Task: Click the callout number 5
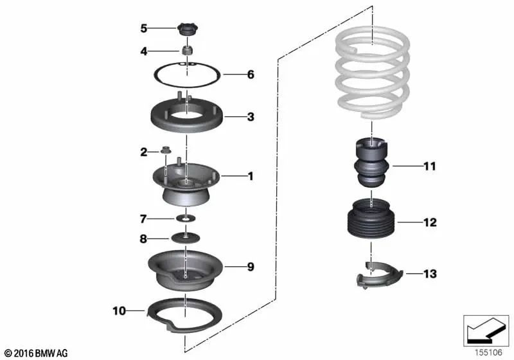pyautogui.click(x=143, y=28)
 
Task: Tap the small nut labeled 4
pyautogui.click(x=187, y=50)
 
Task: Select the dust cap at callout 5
pyautogui.click(x=188, y=30)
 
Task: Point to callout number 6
pyautogui.click(x=251, y=75)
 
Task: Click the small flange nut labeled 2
pyautogui.click(x=166, y=150)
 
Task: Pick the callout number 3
pyautogui.click(x=251, y=117)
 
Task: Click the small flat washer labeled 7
pyautogui.click(x=186, y=218)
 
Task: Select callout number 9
pyautogui.click(x=251, y=267)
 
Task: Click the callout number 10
pyautogui.click(x=120, y=310)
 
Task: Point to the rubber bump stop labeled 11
pyautogui.click(x=372, y=163)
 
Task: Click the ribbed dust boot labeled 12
pyautogui.click(x=371, y=218)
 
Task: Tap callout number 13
pyautogui.click(x=430, y=273)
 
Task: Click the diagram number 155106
pyautogui.click(x=488, y=352)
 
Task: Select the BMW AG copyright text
pyautogui.click(x=37, y=353)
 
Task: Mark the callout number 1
pyautogui.click(x=251, y=176)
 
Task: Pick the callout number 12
pyautogui.click(x=430, y=222)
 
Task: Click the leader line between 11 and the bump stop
pyautogui.click(x=407, y=166)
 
